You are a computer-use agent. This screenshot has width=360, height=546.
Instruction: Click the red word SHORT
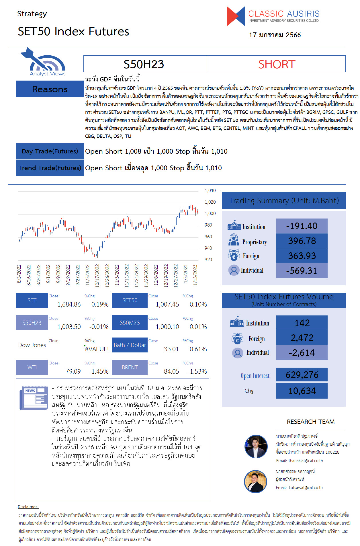277,64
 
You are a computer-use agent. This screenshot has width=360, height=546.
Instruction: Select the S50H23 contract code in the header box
144,64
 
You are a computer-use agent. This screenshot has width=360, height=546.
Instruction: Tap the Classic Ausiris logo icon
236,16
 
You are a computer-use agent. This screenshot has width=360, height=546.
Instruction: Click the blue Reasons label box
50,89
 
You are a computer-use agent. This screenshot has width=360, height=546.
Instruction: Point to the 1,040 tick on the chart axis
210,190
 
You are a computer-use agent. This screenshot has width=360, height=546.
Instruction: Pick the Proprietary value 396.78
302,241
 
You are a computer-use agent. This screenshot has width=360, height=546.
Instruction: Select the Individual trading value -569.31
302,271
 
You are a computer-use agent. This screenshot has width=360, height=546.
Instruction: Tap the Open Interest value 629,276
302,375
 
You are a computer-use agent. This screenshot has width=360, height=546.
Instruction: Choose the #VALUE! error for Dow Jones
97,349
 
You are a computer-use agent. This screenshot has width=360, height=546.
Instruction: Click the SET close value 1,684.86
69,304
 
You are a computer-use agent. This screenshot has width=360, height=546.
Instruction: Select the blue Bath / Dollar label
130,345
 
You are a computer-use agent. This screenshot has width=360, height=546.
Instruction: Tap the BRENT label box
130,367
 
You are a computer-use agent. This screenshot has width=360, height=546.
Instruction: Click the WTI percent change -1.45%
99,371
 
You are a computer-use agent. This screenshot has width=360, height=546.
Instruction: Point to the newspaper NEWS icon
34,398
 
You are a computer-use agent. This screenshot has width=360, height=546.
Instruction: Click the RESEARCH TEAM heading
311,422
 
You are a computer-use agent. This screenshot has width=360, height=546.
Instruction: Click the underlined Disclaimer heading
28,507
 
